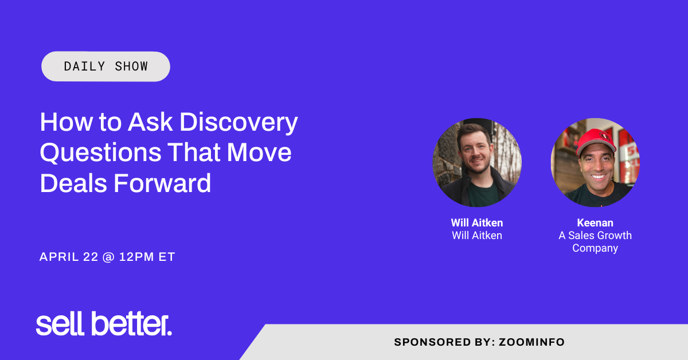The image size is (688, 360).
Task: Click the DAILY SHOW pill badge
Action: tap(106, 66)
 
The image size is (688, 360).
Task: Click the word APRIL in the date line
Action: tap(57, 257)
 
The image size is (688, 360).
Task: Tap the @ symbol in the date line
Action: tap(108, 257)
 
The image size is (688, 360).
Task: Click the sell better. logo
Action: tap(104, 324)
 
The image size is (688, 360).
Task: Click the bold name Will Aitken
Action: tap(477, 223)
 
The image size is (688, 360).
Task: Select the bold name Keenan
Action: tap(595, 223)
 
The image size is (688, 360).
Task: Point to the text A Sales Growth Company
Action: tap(595, 242)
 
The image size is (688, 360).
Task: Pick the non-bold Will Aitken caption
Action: tap(477, 236)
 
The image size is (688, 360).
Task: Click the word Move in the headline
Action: tap(260, 153)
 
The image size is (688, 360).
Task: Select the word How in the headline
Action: tap(59, 122)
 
